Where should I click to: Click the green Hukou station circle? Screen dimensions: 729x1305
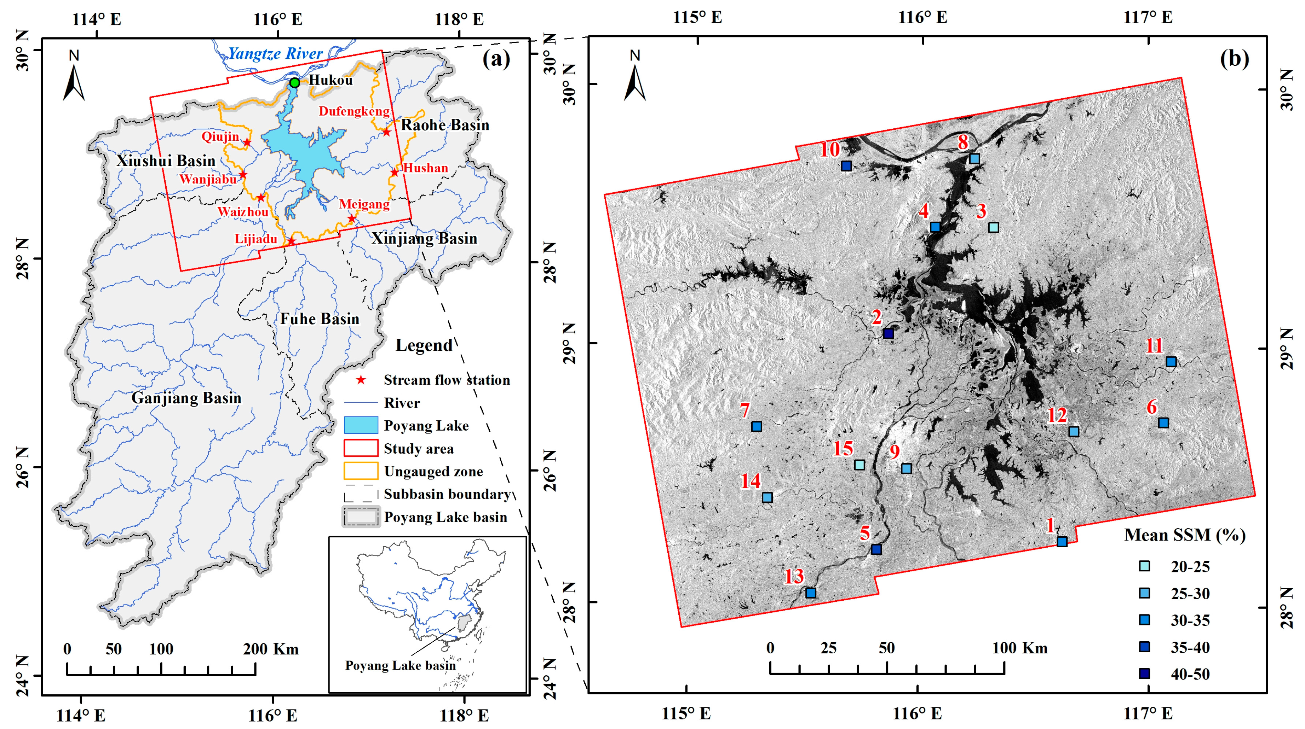294,82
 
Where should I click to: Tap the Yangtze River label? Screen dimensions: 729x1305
275,53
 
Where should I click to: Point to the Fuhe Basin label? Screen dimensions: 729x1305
320,319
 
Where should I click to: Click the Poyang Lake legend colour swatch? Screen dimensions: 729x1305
361,425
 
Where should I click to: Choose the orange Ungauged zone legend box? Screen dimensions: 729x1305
361,471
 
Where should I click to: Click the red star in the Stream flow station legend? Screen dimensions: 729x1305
361,380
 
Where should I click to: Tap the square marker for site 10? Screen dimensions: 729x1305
846,166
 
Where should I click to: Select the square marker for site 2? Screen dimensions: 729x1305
888,334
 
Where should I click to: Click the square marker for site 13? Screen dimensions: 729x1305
811,593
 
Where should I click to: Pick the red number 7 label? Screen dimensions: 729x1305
744,410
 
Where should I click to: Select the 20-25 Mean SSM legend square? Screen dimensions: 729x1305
1144,566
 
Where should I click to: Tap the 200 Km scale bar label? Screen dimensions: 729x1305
271,649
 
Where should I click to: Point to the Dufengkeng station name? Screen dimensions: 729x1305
354,111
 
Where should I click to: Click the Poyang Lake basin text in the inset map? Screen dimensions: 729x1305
400,665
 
